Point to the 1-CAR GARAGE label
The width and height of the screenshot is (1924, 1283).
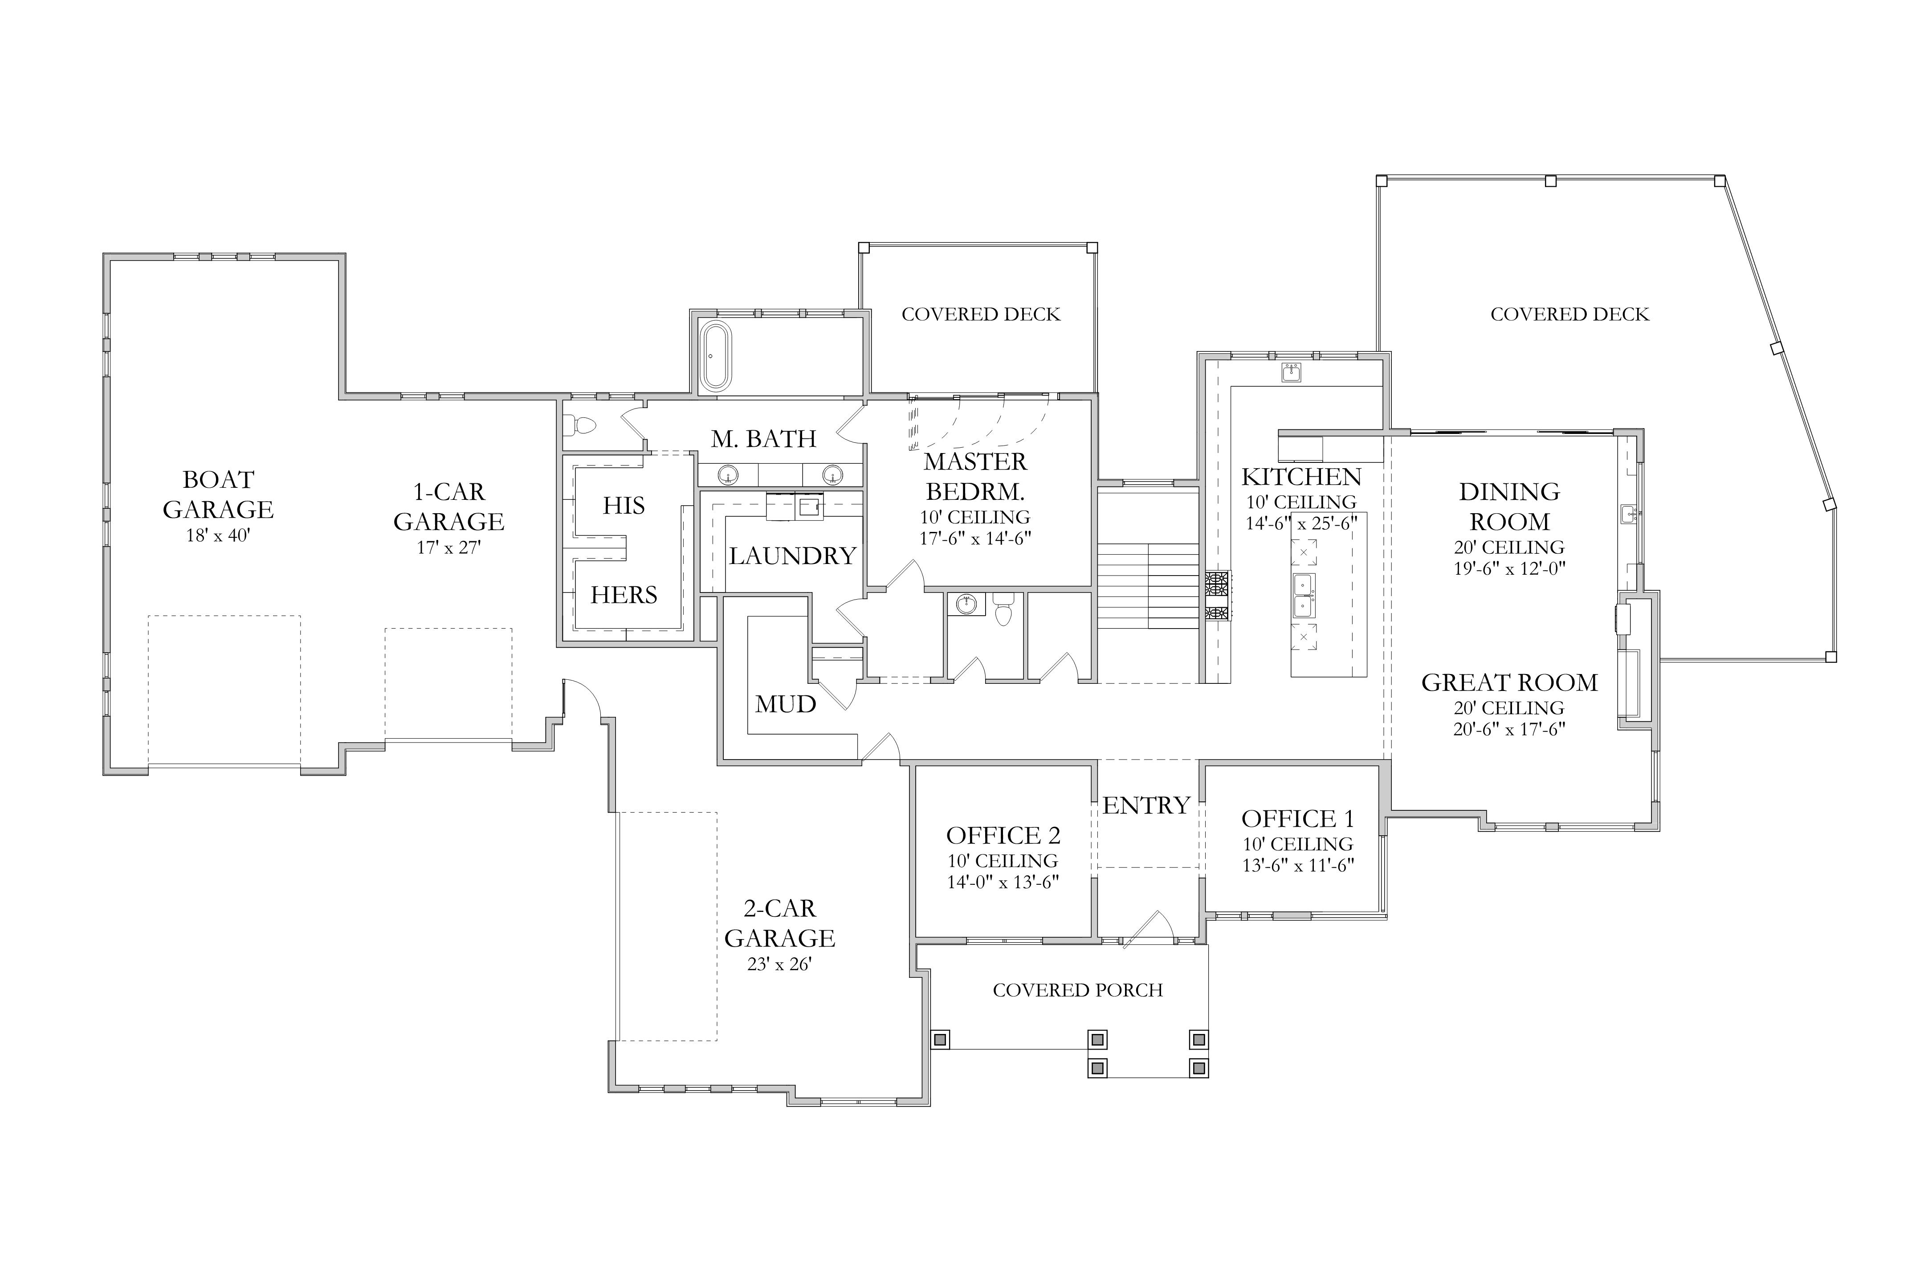point(449,507)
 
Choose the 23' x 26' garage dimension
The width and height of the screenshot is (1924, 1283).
point(779,965)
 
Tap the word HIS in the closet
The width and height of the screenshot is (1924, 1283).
point(624,506)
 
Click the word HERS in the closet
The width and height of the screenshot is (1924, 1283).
point(624,595)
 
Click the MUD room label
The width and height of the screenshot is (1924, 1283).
point(785,704)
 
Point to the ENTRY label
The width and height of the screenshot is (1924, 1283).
point(1146,806)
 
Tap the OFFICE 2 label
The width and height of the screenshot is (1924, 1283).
point(1004,835)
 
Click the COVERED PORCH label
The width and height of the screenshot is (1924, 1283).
point(1078,990)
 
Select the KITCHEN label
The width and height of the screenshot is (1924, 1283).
point(1301,477)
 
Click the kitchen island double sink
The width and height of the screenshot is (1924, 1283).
point(1304,595)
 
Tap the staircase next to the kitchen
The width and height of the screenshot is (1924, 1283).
point(1149,586)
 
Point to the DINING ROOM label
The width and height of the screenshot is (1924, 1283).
point(1510,507)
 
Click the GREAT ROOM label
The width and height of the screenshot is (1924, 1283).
point(1510,682)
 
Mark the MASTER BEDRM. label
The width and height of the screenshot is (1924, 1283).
point(975,476)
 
